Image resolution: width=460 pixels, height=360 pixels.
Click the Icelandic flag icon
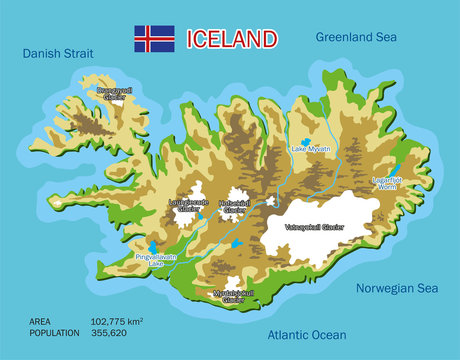(154, 39)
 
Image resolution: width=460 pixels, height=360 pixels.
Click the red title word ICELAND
(231, 39)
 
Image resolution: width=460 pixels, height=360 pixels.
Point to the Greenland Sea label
(358, 37)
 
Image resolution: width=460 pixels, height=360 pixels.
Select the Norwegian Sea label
(397, 288)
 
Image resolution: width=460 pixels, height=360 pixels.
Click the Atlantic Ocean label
(306, 335)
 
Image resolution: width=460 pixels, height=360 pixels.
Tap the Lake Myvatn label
(311, 149)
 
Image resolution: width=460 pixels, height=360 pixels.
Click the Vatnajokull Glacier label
(329, 227)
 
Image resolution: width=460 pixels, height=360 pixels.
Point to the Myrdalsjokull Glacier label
(234, 296)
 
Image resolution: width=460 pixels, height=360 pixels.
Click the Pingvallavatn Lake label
(155, 259)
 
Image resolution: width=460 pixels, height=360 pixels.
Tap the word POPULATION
(55, 334)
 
